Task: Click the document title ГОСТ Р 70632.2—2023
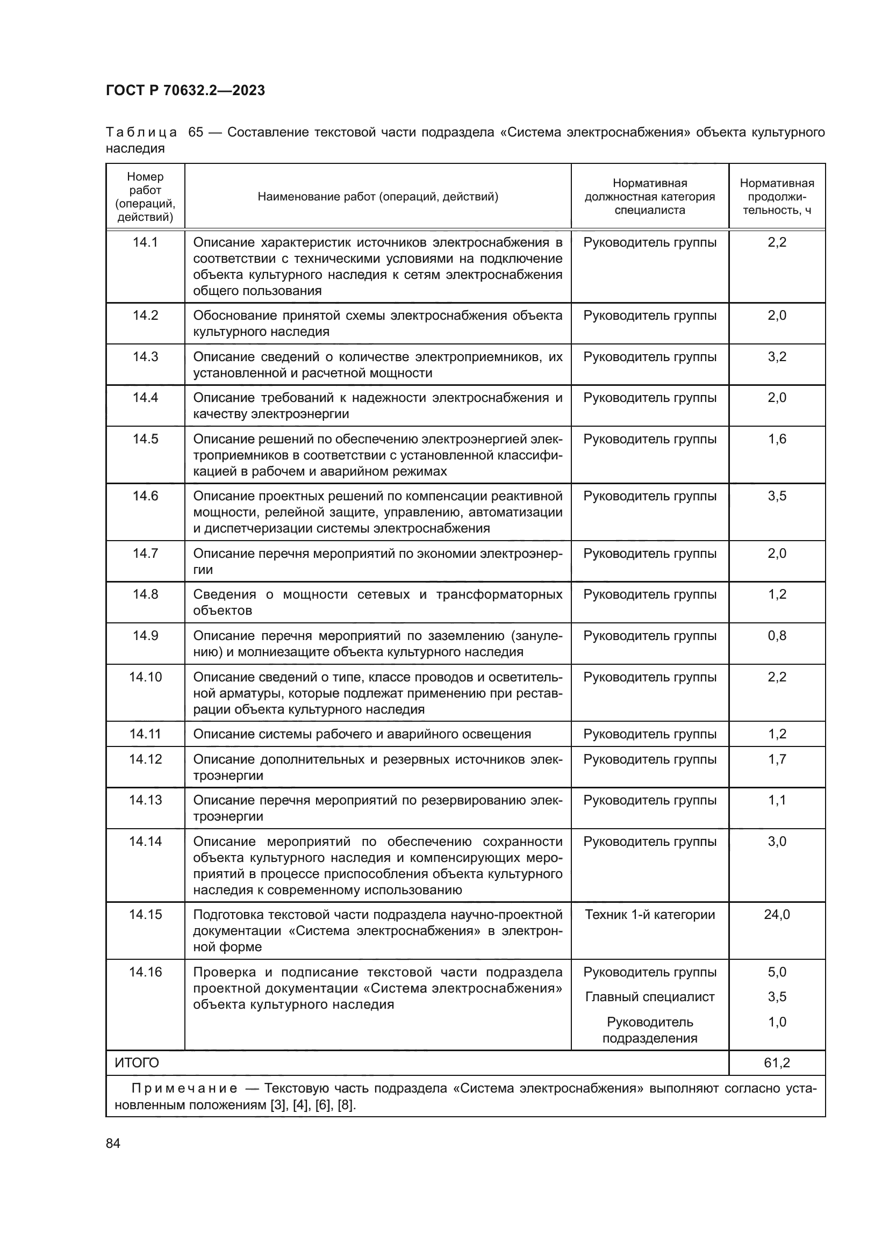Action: [185, 90]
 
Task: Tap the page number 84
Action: [113, 1143]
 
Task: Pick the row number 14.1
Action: [145, 242]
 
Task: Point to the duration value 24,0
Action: [776, 914]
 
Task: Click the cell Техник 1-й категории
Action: [649, 914]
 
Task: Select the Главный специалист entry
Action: [649, 996]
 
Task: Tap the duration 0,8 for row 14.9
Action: [776, 636]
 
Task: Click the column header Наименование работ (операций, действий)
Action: [378, 197]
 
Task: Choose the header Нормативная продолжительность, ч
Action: [776, 197]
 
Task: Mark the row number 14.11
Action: [145, 734]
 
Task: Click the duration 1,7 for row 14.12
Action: [776, 759]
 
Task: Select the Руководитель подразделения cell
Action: [649, 1030]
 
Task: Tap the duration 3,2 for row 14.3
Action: [776, 357]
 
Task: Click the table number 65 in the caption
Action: [196, 133]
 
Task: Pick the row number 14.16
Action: [145, 972]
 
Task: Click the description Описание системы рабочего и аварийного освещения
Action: [362, 734]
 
